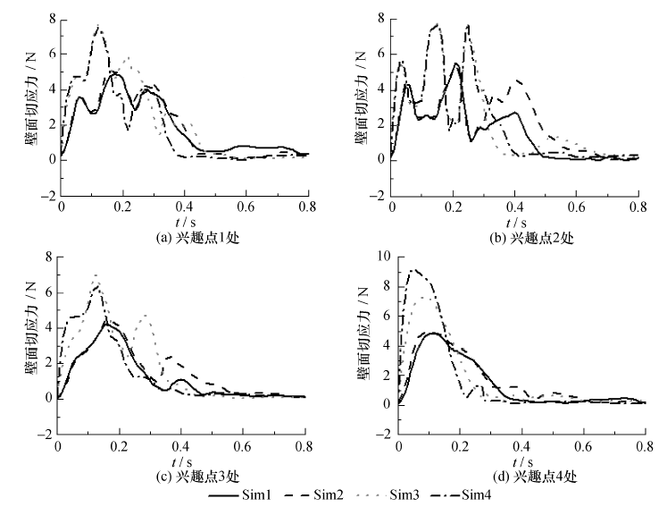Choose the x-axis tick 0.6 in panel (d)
584,446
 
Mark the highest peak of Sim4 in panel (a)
99,27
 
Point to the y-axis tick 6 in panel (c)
50,292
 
